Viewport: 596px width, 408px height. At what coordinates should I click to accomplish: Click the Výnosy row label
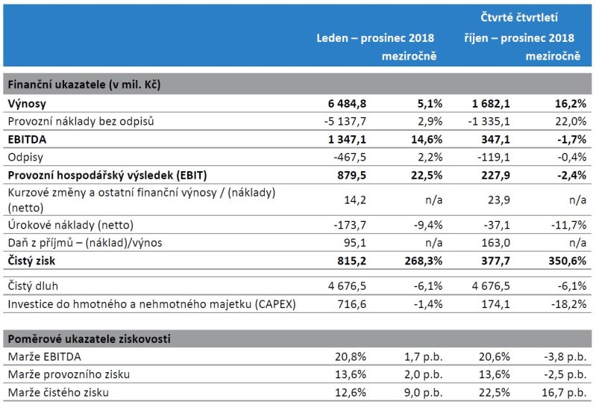click(x=27, y=104)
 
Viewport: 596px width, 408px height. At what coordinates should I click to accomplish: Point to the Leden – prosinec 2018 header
click(x=376, y=37)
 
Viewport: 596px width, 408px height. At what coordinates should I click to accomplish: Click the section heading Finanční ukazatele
click(x=84, y=85)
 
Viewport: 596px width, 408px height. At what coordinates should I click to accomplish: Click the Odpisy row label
click(x=25, y=157)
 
